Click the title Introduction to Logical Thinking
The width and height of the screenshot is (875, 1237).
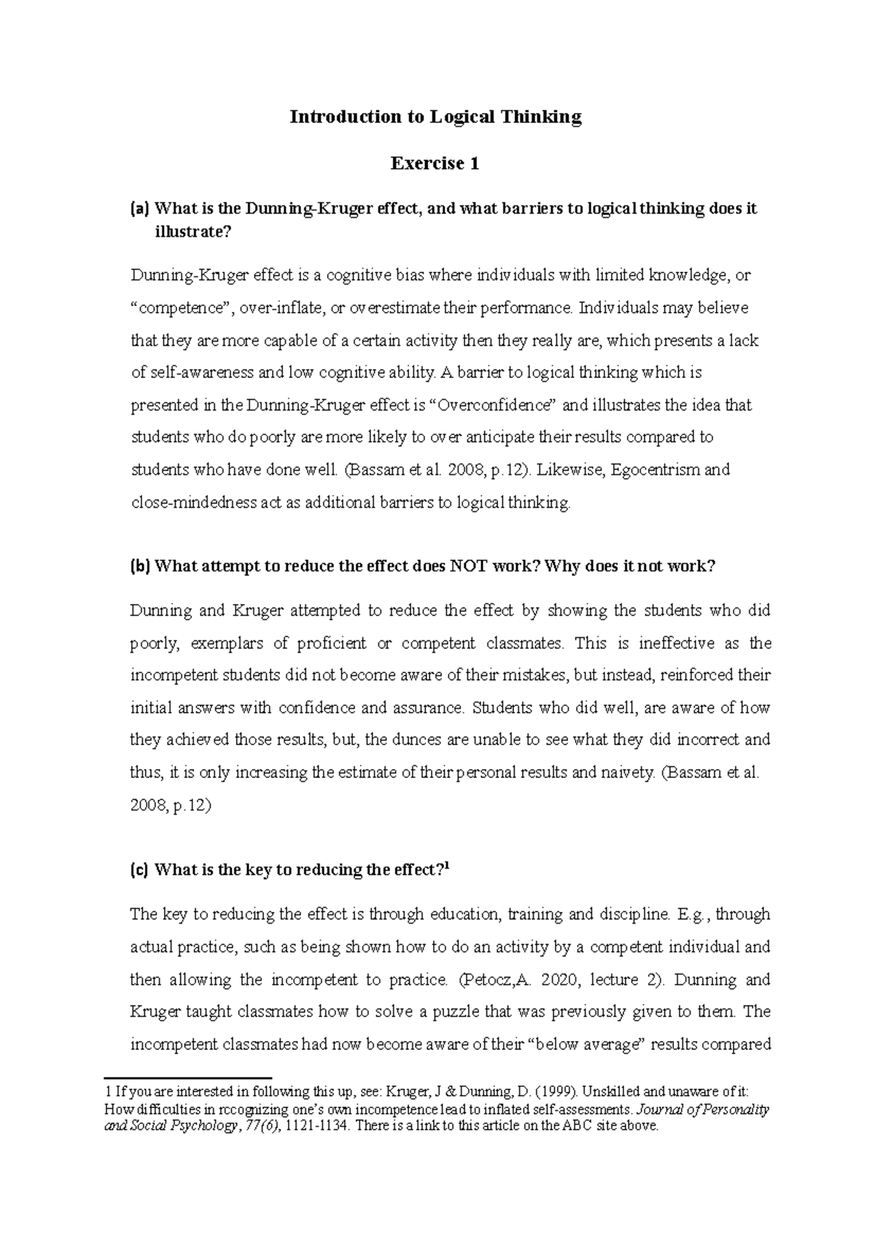pyautogui.click(x=435, y=117)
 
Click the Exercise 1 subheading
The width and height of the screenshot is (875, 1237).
pyautogui.click(x=435, y=163)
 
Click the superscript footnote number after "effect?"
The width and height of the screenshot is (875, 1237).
pyautogui.click(x=447, y=865)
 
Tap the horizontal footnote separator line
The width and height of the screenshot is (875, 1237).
pyautogui.click(x=188, y=1077)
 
